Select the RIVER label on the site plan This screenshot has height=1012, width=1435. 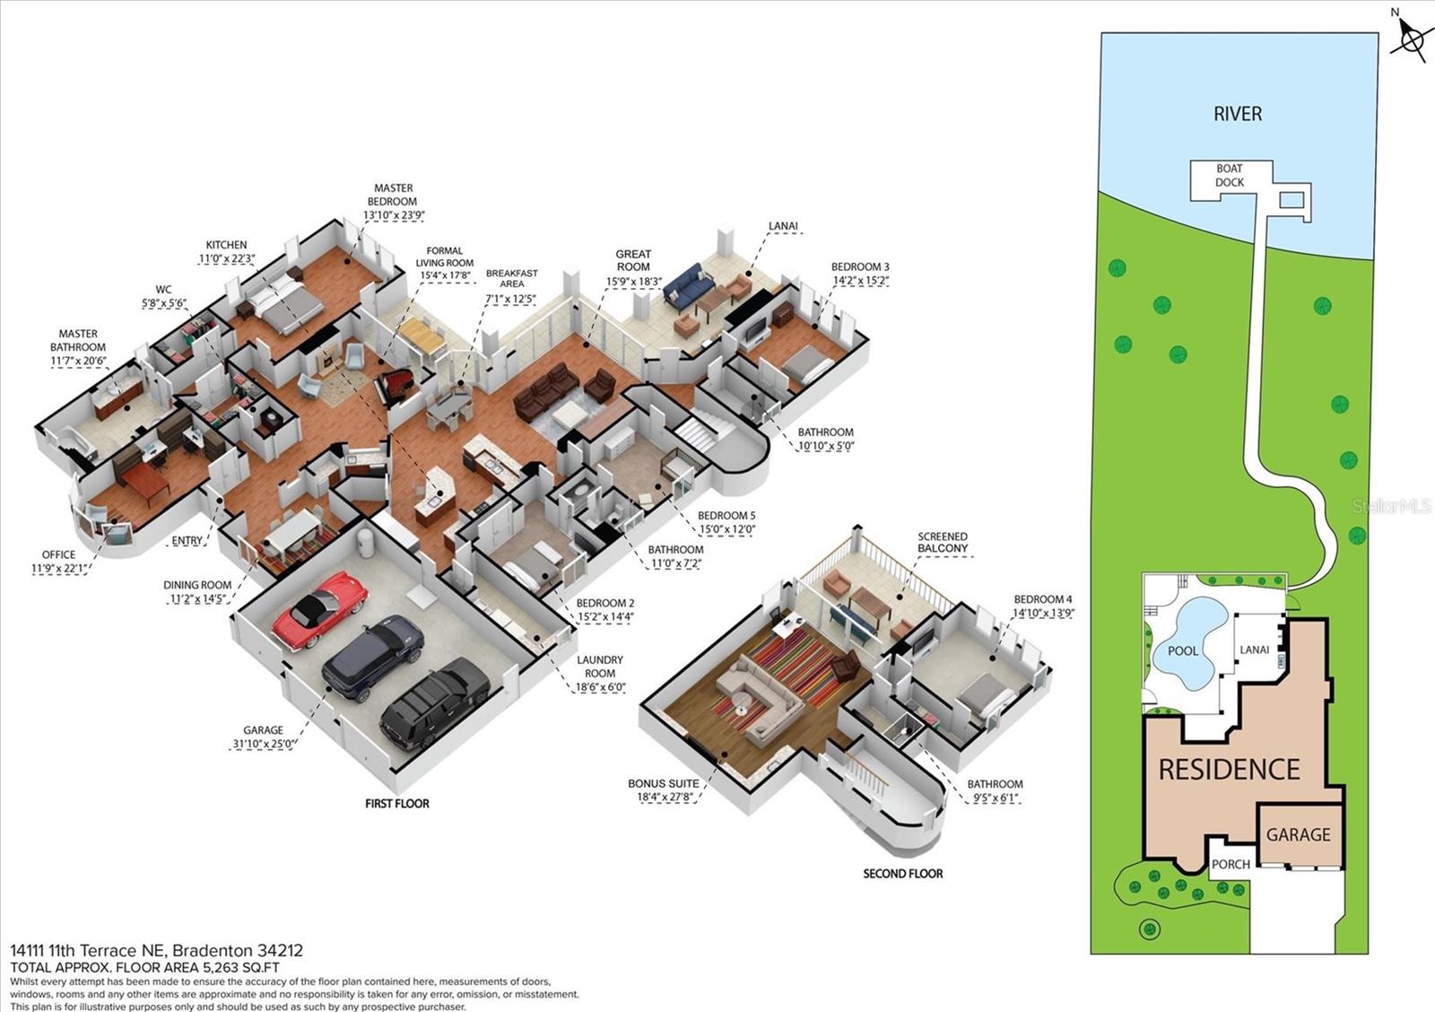tap(1238, 114)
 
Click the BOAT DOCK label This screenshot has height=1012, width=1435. tap(1230, 176)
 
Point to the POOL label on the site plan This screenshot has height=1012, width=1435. tap(1183, 650)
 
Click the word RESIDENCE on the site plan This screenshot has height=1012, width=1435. tap(1229, 770)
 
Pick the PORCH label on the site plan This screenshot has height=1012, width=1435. tap(1231, 864)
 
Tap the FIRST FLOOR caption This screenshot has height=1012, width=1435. tap(396, 804)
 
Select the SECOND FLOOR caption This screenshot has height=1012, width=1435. tap(902, 873)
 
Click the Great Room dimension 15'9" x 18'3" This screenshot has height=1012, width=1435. tap(633, 281)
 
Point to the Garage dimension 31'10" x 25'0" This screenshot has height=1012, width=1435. tap(263, 744)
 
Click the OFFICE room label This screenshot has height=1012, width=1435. tap(59, 554)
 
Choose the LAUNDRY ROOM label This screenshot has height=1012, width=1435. tap(600, 667)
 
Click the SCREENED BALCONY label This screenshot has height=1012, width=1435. tap(943, 543)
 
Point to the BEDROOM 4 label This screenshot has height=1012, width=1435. tap(1043, 599)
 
